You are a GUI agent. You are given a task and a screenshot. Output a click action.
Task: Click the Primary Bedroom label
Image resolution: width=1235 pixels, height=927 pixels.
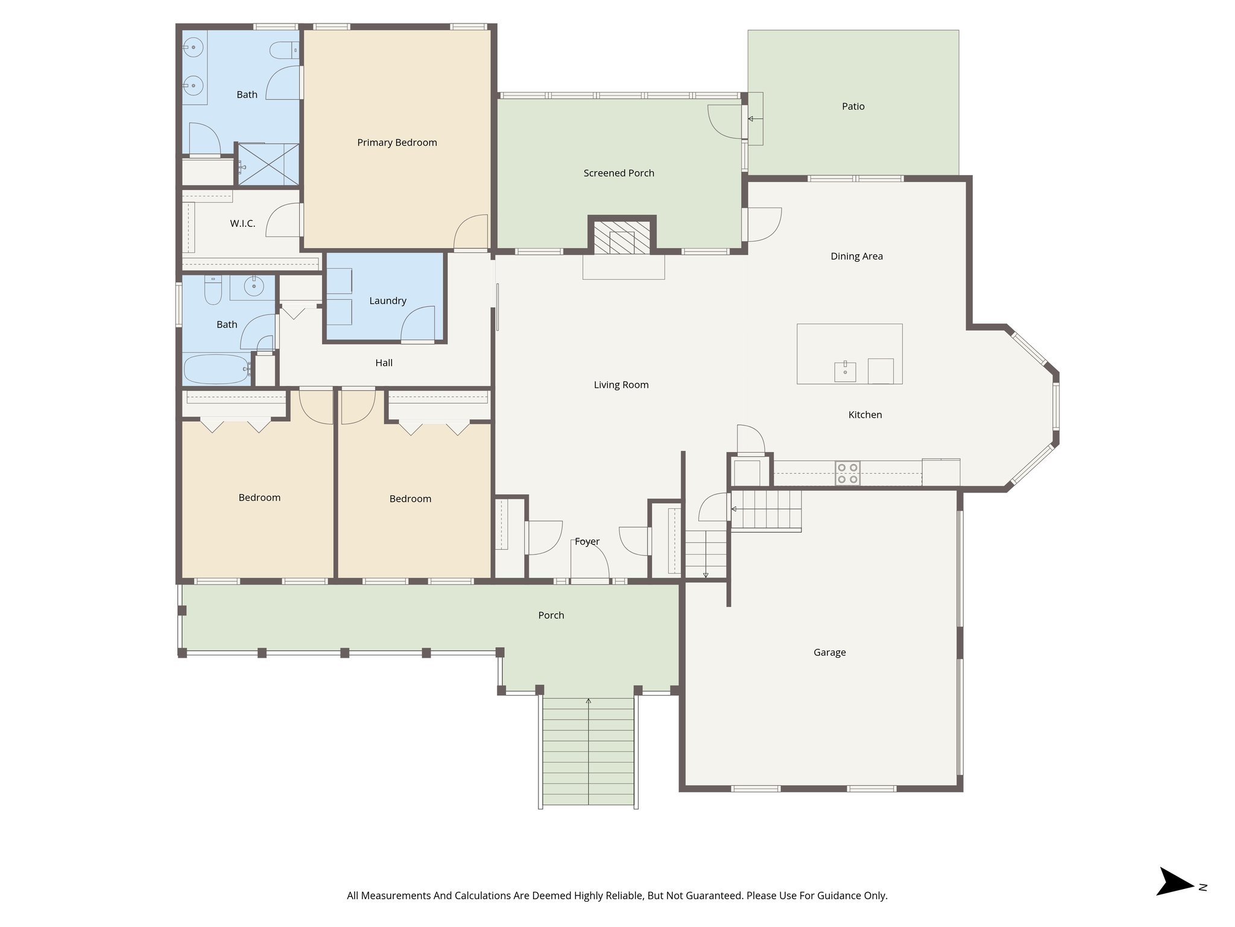[x=397, y=142]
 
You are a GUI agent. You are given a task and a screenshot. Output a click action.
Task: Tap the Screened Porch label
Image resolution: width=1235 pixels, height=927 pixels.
[x=619, y=173]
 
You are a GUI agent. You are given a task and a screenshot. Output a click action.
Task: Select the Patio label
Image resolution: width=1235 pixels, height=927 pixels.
[x=853, y=106]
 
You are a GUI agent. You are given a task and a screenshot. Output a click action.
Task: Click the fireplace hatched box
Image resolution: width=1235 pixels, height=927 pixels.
[x=622, y=237]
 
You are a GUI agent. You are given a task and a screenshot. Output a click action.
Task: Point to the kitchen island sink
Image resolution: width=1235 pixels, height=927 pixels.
[x=845, y=372]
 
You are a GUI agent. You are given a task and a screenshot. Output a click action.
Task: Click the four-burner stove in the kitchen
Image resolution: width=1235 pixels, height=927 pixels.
[x=847, y=473]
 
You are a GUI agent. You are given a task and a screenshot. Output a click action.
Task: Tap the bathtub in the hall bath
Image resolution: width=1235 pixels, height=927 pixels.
[x=216, y=369]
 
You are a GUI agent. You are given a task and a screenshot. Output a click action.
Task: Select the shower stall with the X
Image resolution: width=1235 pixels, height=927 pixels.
[x=268, y=164]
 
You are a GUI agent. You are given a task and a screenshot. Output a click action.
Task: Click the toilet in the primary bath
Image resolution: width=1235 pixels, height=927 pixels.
[x=281, y=50]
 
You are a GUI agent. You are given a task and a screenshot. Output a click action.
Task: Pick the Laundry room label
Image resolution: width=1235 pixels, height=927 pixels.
[x=388, y=301]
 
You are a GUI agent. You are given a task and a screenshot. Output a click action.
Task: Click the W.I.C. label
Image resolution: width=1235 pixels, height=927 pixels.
[x=242, y=223]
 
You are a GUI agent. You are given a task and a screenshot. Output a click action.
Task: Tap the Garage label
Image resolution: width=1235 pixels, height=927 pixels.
[x=829, y=652]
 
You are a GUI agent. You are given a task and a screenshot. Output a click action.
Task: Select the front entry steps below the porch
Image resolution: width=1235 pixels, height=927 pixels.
[x=588, y=751]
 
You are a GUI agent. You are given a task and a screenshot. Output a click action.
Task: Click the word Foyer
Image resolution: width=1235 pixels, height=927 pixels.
[x=587, y=541]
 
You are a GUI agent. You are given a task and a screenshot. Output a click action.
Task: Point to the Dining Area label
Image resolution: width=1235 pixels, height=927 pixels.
[x=856, y=256]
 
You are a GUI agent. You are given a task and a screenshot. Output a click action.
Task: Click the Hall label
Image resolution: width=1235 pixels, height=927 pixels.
[x=384, y=363]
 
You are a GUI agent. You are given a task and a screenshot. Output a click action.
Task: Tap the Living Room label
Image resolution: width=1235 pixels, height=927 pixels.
[x=621, y=384]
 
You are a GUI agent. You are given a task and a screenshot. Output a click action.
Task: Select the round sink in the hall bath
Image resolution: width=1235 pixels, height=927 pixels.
[x=253, y=287]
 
